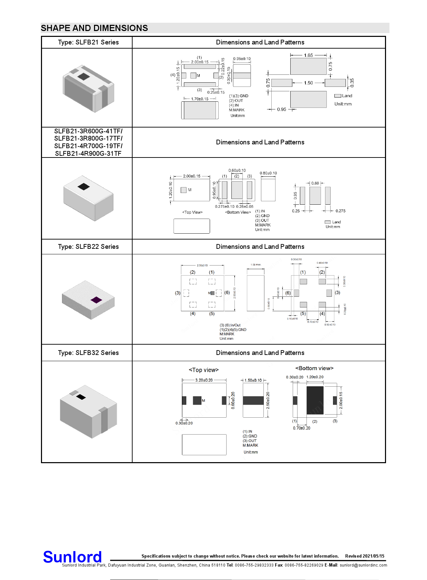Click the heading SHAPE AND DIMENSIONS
point(94,28)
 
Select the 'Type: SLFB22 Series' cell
point(88,247)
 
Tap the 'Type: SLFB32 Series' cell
point(88,353)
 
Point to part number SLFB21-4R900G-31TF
point(88,154)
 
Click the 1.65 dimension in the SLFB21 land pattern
point(308,55)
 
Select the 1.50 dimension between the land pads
point(308,83)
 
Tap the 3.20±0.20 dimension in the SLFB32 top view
point(204,380)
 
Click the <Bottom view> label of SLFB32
point(314,368)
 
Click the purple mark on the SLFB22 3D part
point(96,300)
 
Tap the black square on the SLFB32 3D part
point(81,397)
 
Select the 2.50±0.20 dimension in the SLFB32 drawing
point(268,400)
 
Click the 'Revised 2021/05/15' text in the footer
point(365,556)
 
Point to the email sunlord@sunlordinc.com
point(363,565)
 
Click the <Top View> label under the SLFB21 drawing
point(192,212)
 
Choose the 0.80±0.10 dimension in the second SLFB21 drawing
point(268,173)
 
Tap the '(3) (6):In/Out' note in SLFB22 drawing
point(230,325)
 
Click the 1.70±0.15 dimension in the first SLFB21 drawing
point(200,99)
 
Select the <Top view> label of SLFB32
point(204,370)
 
